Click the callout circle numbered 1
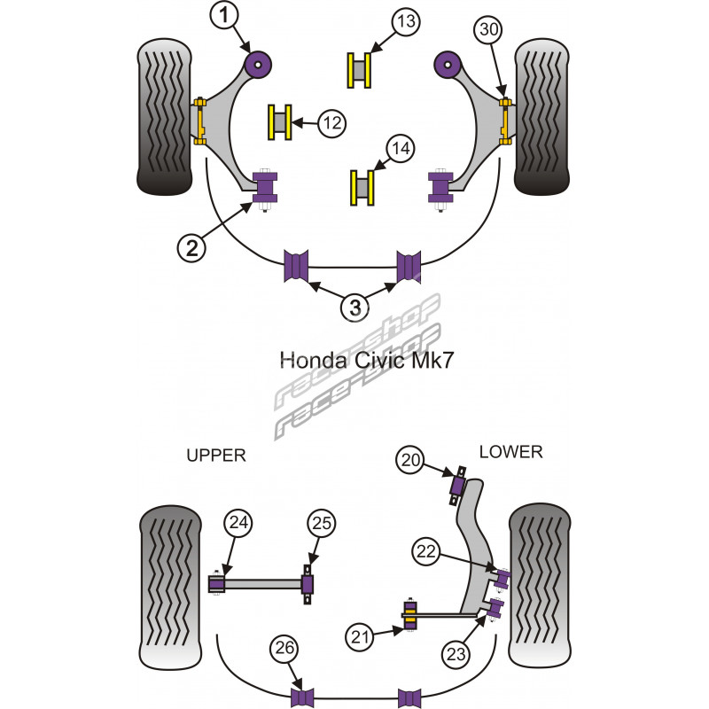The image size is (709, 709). tap(225, 15)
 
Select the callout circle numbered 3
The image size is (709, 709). tap(354, 308)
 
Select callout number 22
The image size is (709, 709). tap(427, 551)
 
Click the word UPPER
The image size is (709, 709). tap(215, 456)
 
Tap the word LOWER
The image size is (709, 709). tap(510, 452)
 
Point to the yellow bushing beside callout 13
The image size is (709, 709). tap(359, 70)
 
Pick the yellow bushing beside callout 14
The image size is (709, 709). tap(361, 187)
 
